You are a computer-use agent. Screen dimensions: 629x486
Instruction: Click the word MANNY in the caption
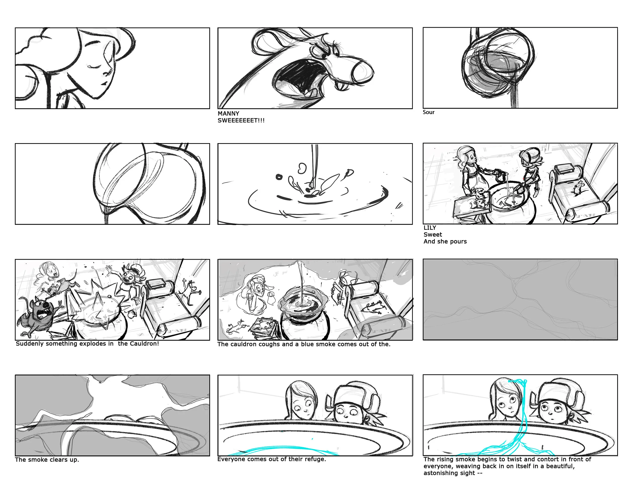[228, 113]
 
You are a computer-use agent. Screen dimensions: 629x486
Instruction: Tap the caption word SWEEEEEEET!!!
[241, 121]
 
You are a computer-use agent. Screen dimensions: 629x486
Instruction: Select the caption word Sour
[428, 112]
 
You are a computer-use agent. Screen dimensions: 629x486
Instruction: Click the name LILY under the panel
[430, 228]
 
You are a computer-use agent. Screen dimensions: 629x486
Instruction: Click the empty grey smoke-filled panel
[520, 299]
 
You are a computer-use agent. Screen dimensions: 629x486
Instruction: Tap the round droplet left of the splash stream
[279, 177]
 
